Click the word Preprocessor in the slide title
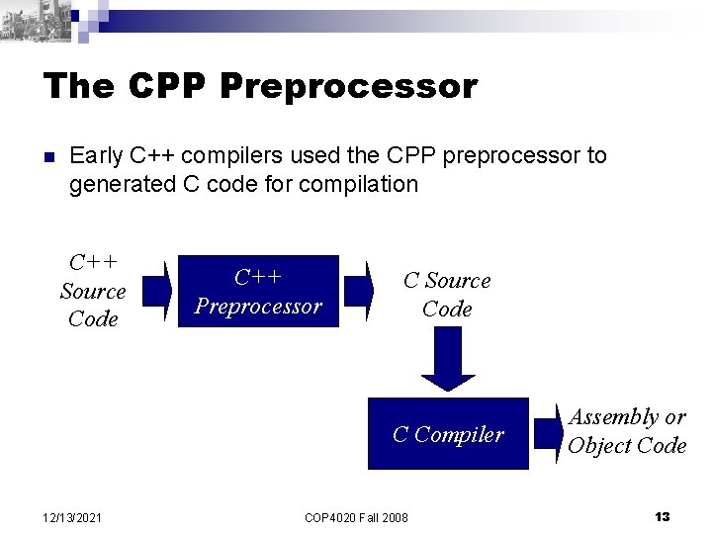(349, 86)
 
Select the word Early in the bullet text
(96, 156)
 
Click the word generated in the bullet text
(117, 184)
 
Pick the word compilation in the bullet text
(360, 184)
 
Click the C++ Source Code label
(93, 291)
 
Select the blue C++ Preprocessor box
(257, 292)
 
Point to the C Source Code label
(447, 294)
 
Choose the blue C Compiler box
(448, 433)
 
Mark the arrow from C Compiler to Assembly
(547, 432)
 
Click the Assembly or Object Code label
(626, 431)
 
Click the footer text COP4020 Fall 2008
(357, 516)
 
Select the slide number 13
(663, 516)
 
